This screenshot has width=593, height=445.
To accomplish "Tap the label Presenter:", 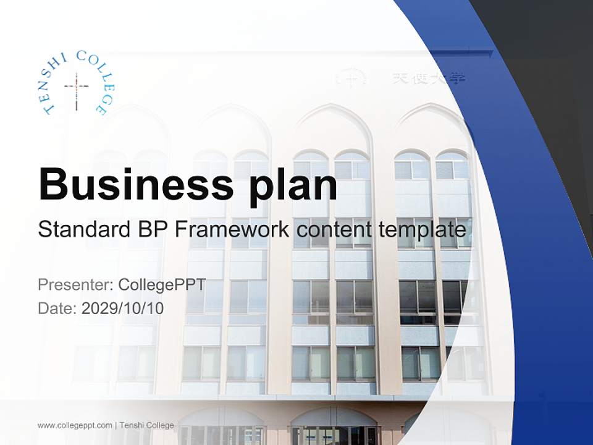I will click(75, 285).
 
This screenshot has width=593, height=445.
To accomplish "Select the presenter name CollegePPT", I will click(162, 285).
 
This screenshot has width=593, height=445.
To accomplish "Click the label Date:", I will click(57, 308).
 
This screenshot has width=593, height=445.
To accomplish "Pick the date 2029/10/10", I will click(123, 308).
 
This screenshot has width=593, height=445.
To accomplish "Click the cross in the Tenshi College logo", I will click(77, 87).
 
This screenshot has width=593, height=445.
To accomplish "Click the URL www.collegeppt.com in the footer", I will click(75, 425).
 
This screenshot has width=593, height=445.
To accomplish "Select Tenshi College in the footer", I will click(147, 425).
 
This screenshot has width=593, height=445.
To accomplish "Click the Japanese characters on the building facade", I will click(429, 78).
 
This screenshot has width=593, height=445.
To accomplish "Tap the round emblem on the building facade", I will click(350, 78).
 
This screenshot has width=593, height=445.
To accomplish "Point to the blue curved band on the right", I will click(544, 247).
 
